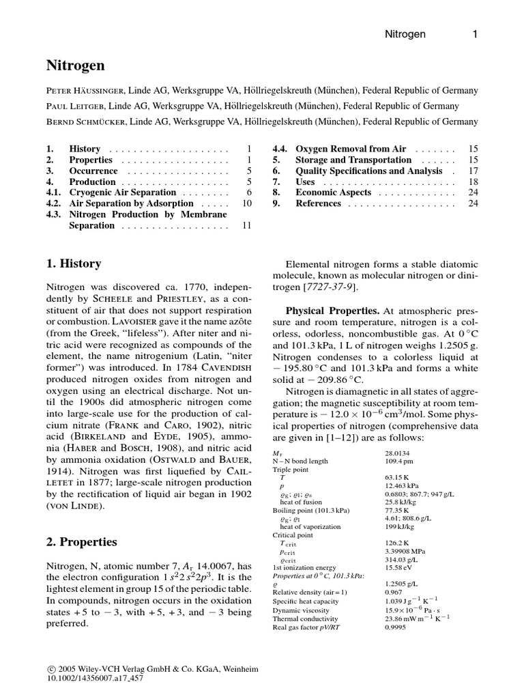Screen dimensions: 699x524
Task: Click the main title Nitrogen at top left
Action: point(76,66)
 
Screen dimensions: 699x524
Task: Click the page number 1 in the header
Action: point(475,33)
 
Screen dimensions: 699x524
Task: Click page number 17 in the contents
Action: point(473,171)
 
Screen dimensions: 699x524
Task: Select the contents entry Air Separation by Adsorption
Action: point(121,203)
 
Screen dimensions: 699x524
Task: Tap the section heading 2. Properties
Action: point(81,542)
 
